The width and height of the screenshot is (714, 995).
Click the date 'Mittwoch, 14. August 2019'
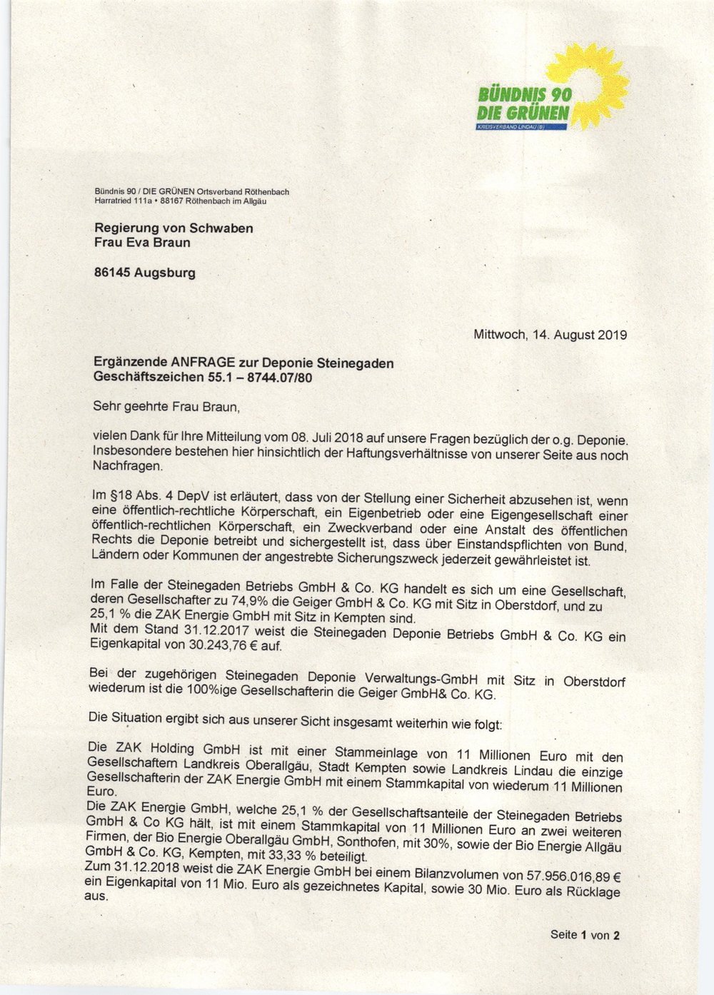tap(550, 334)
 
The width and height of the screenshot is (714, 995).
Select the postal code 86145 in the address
tap(114, 272)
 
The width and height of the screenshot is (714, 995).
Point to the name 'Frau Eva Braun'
tap(143, 242)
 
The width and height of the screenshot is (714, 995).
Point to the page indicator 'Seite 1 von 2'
tap(585, 934)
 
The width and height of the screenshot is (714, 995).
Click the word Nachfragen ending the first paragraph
tap(128, 466)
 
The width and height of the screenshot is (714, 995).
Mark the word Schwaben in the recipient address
tap(220, 228)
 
